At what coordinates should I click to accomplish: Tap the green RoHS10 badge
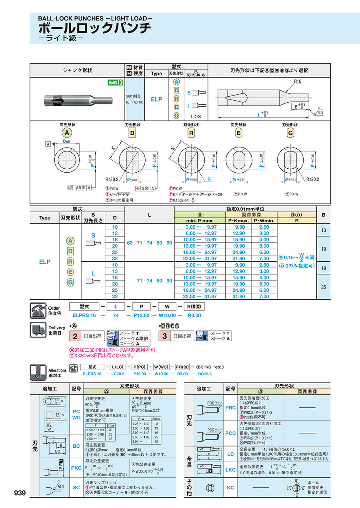point(115,83)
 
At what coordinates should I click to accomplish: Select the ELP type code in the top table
point(156,99)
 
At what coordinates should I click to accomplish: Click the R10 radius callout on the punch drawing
point(298,81)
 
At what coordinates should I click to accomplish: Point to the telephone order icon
point(38,311)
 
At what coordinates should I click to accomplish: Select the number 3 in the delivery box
point(164,336)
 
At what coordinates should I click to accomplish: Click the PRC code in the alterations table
point(230,408)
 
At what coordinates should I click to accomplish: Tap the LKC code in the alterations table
point(230,470)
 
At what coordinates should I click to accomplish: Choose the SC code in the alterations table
point(76,487)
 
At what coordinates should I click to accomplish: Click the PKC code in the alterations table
point(76,468)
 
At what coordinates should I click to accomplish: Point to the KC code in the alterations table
point(230,488)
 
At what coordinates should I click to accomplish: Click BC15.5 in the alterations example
point(205,374)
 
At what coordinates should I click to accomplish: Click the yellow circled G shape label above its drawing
point(291,133)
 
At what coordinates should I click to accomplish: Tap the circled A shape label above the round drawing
point(68,133)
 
